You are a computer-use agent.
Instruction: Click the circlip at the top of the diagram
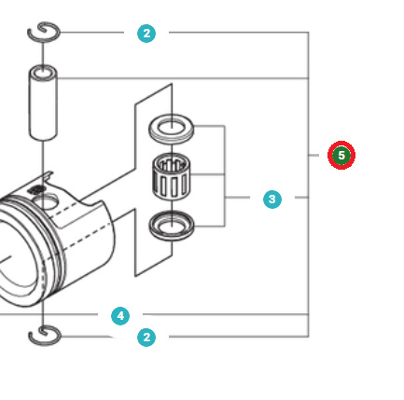point(43,34)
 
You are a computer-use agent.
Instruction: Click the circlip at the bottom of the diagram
point(43,335)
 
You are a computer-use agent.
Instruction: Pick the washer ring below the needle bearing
point(172,224)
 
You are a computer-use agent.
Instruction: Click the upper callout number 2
point(146,34)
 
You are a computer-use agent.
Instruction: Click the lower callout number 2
point(146,337)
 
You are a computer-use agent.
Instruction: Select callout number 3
point(272,199)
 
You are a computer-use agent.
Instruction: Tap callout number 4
point(120,316)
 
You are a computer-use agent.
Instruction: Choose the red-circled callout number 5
point(341,155)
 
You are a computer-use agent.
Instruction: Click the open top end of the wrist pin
point(43,71)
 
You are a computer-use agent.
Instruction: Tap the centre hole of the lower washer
point(172,223)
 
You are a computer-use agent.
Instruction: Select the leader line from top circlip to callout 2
point(93,34)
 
